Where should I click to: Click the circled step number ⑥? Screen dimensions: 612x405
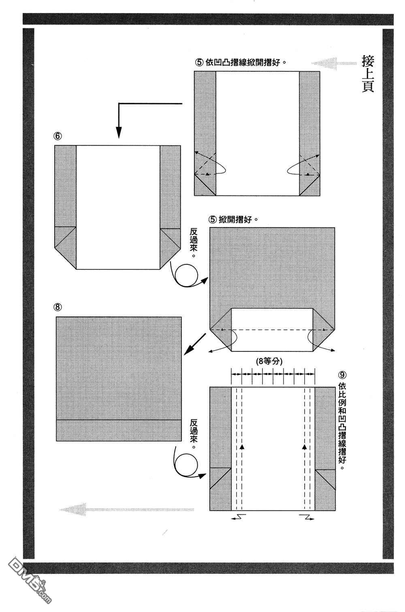58,136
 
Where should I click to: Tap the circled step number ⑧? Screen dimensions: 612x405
58,307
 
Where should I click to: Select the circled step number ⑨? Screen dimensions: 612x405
343,374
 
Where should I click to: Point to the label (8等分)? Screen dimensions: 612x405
269,361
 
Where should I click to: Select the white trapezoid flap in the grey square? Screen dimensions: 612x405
272,330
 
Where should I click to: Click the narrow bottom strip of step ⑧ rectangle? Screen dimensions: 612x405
119,430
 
